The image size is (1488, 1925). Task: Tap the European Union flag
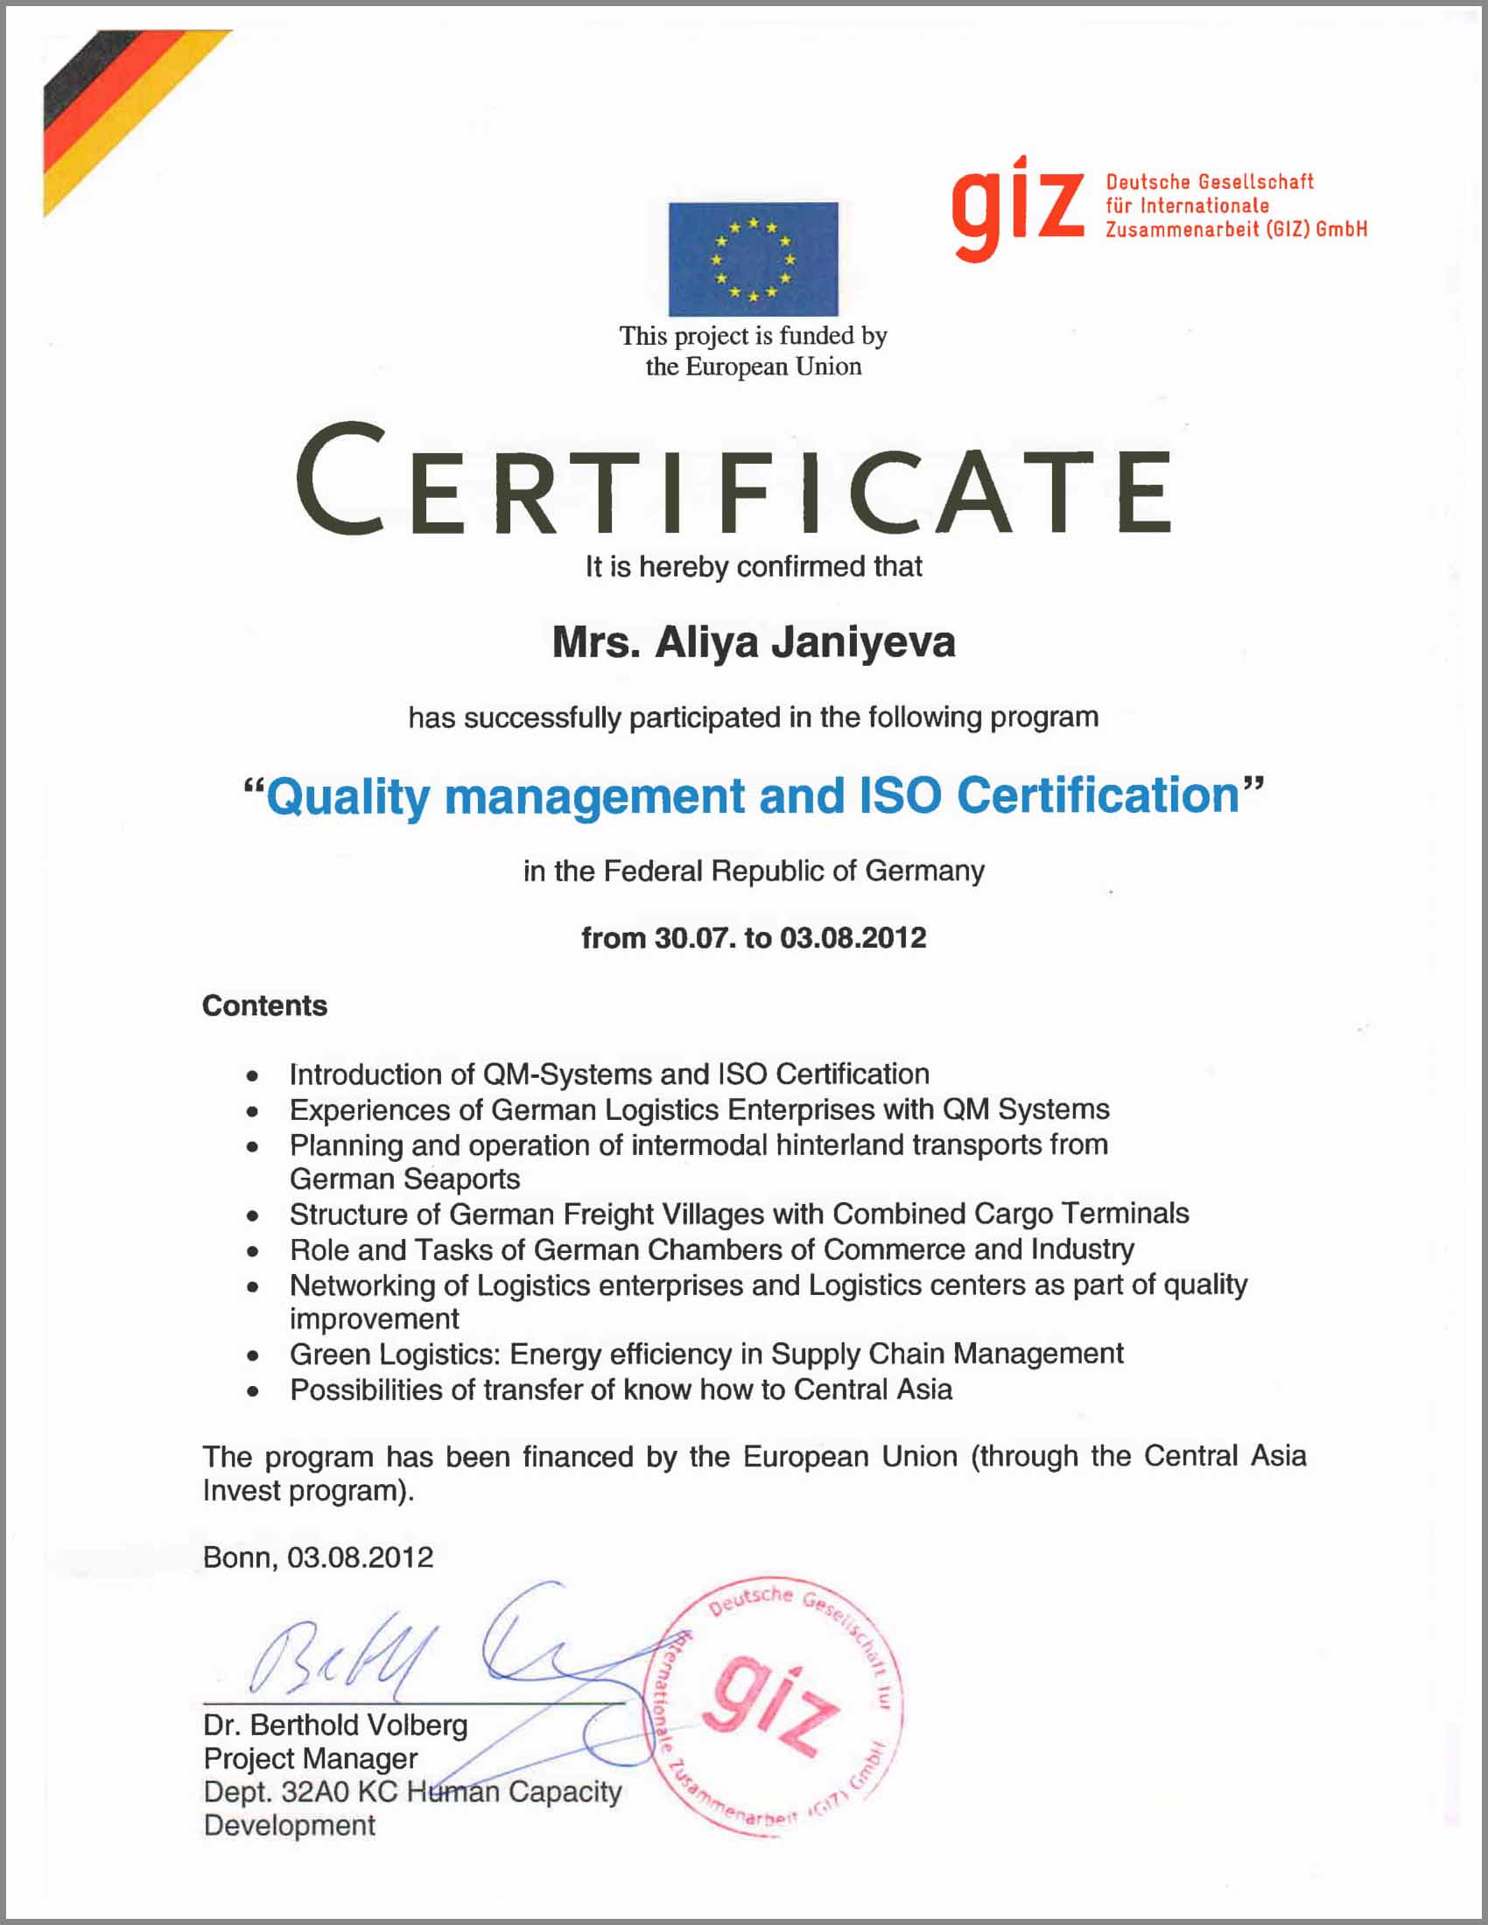coord(753,259)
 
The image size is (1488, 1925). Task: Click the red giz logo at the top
coord(1016,207)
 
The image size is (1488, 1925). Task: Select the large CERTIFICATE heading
coord(733,480)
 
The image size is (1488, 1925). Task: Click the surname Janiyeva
coord(863,642)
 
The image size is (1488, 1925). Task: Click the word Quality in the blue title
coord(348,797)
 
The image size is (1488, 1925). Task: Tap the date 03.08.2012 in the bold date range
coord(853,938)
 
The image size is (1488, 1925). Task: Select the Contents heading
coord(264,1005)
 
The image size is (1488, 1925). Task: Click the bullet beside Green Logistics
coord(253,1354)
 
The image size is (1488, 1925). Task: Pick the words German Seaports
coord(404,1179)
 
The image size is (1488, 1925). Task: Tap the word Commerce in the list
coord(891,1249)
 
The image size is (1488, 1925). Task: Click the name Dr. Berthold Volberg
coord(335,1725)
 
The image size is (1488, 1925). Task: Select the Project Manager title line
coord(311,1759)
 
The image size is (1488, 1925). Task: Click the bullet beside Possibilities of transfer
coord(253,1391)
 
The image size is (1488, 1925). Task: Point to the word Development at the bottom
coord(289,1825)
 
